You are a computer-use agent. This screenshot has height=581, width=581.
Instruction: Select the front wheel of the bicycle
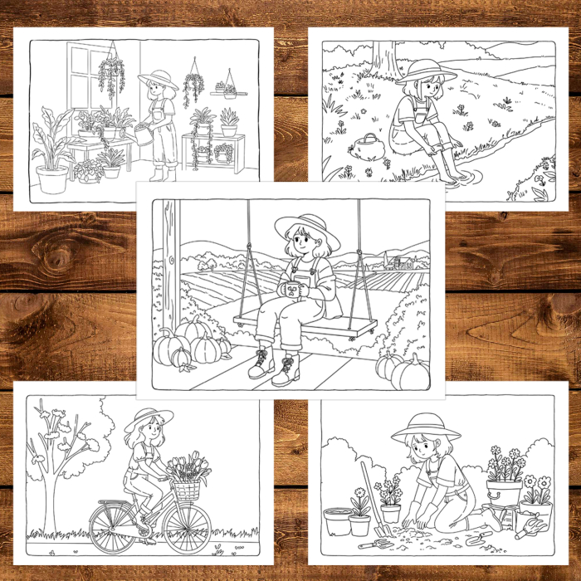coord(187,528)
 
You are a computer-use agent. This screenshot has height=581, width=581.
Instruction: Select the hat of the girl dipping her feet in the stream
coord(426,71)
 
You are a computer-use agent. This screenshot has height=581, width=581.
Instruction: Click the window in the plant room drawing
coord(90,75)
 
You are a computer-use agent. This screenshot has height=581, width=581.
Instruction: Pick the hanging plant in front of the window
coord(110,76)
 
